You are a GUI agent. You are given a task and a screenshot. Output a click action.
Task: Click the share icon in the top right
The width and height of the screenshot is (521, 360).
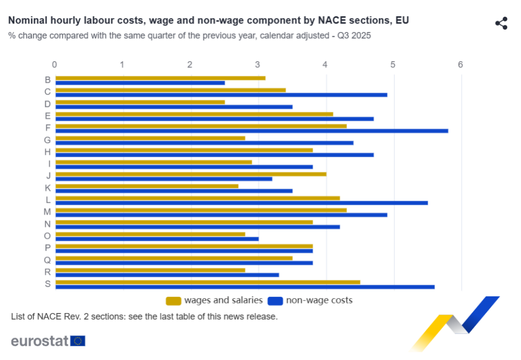(x=501, y=23)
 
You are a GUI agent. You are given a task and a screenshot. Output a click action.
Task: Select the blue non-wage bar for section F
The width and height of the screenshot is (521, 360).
(x=251, y=131)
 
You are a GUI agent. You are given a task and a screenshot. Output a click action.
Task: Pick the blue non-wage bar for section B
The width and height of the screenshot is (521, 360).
(x=140, y=82)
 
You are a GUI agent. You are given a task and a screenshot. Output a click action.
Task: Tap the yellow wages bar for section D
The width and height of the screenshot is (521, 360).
(x=140, y=102)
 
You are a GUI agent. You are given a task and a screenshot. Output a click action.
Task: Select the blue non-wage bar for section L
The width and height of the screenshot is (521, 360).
(x=241, y=203)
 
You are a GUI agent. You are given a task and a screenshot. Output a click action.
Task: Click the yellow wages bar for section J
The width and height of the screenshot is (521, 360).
(x=190, y=174)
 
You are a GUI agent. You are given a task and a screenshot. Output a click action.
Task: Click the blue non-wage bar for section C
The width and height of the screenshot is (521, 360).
(x=221, y=95)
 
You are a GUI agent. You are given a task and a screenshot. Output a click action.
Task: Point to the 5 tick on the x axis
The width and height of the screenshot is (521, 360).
(x=393, y=65)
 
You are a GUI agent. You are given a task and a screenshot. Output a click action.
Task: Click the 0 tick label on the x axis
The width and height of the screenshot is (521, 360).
(x=54, y=65)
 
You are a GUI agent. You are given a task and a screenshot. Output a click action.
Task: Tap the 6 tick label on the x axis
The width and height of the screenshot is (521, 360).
(x=460, y=65)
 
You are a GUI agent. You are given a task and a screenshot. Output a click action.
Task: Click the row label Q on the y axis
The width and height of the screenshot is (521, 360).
(x=48, y=260)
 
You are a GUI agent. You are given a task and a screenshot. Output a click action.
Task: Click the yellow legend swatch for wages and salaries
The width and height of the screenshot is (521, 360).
(x=173, y=301)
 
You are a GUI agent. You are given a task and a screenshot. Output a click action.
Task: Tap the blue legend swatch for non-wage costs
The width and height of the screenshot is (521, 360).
(x=275, y=301)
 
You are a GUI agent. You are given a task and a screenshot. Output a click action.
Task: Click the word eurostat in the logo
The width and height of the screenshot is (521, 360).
(x=40, y=341)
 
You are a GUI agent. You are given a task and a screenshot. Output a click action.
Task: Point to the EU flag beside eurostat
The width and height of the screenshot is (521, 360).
(x=78, y=341)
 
